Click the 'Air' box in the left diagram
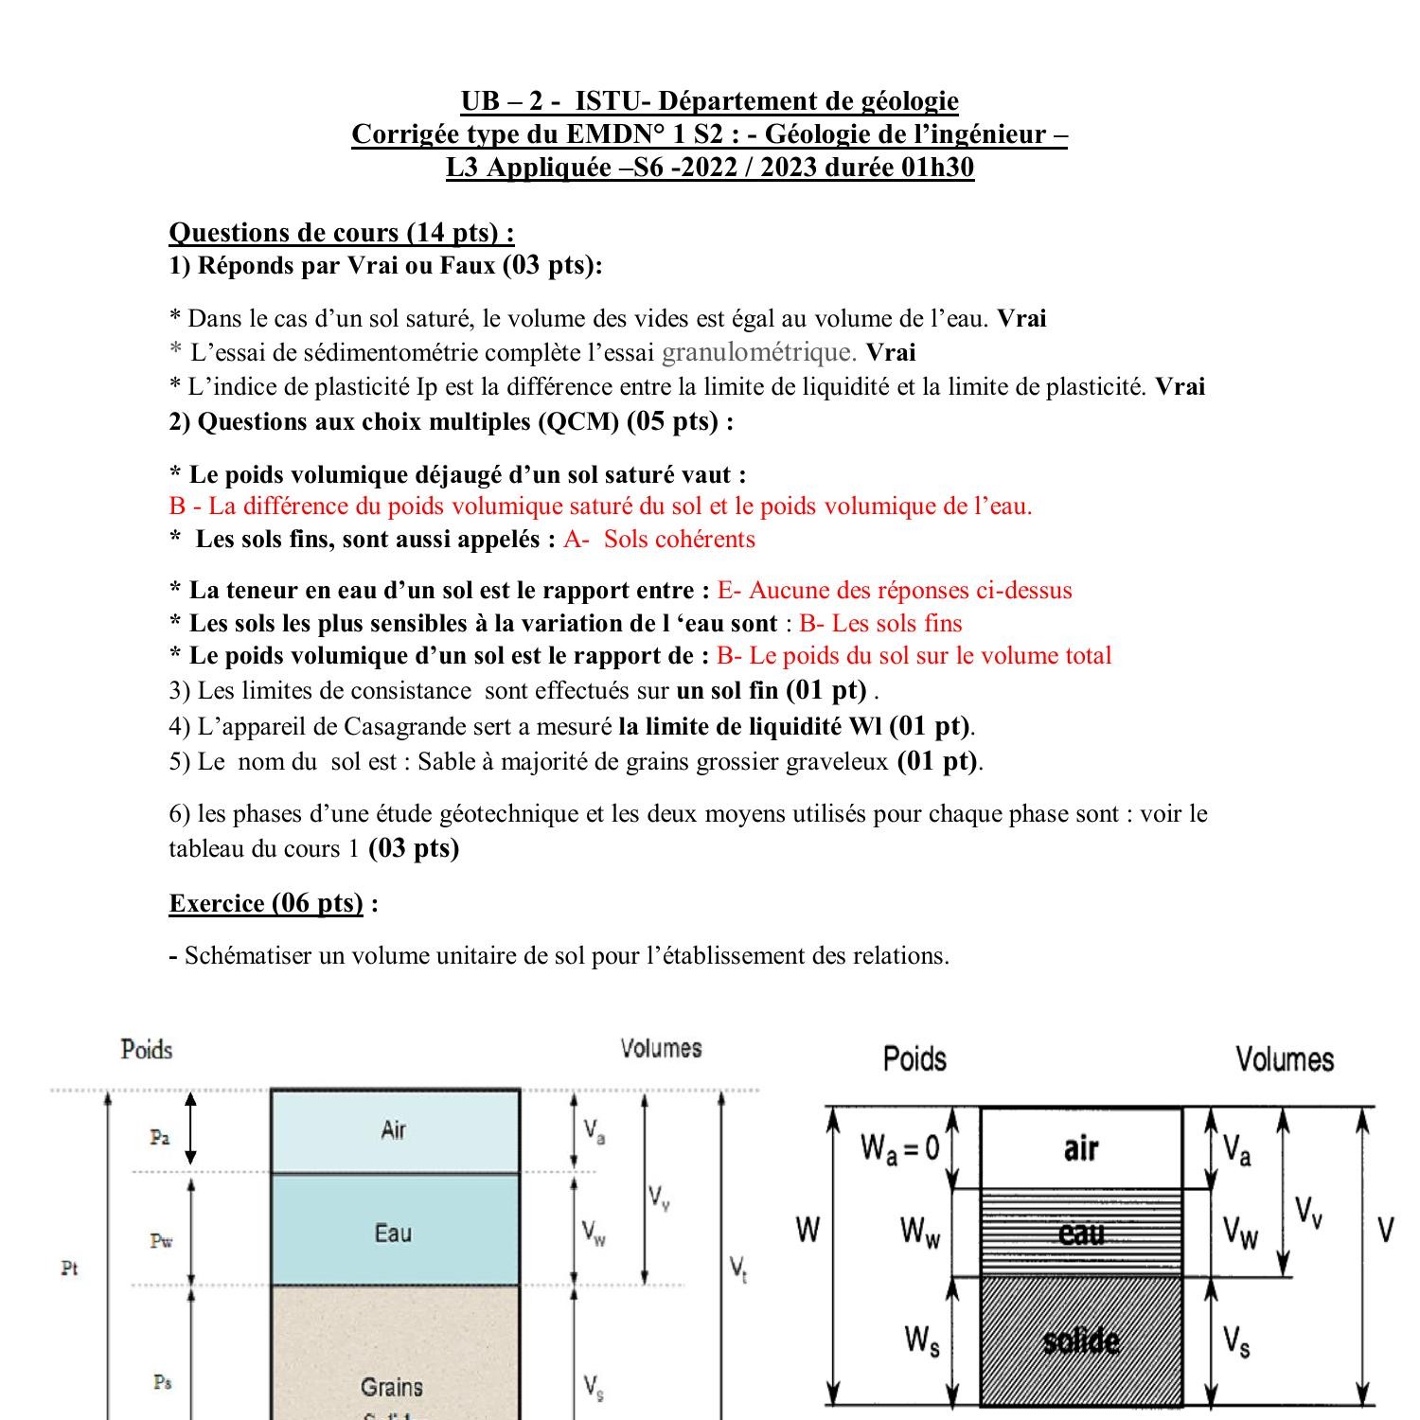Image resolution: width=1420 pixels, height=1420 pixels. coord(395,1130)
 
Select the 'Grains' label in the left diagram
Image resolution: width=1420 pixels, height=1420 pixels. coord(392,1387)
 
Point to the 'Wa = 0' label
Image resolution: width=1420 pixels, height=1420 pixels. coord(899,1148)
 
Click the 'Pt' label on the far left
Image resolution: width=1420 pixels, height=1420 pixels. coord(69,1268)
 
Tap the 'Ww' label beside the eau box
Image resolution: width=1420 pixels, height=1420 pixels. coord(920,1232)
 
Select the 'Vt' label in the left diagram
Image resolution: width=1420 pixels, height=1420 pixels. coord(738,1268)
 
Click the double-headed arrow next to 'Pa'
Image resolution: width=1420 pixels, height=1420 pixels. coord(190,1127)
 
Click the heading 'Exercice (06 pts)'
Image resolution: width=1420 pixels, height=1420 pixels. coord(266,903)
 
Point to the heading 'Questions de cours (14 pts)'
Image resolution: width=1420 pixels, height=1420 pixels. coord(341,232)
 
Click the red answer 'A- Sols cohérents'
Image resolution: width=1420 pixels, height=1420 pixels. coord(660,540)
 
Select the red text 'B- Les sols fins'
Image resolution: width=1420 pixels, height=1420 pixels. coord(880,623)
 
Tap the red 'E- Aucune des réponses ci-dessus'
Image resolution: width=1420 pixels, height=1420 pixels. coord(895,591)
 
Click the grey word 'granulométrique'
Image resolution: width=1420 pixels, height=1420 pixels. coord(758,352)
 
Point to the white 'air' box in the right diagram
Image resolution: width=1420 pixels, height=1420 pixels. coord(1081,1148)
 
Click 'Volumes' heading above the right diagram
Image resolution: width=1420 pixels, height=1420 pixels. coord(1284,1058)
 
